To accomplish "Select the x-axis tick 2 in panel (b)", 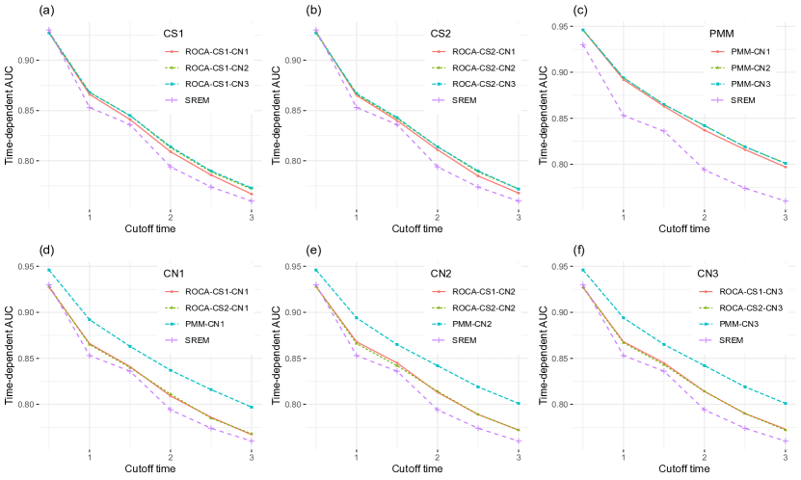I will [438, 216].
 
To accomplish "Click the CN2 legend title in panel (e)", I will [441, 274].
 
